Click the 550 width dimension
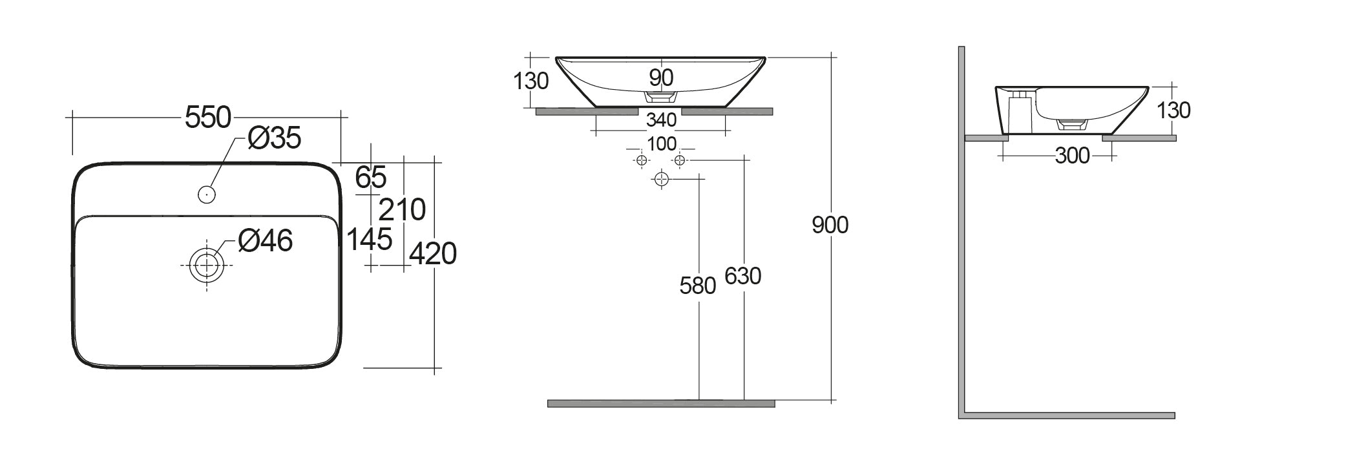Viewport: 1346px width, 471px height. [x=208, y=118]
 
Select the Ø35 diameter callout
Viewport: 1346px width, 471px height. [x=275, y=138]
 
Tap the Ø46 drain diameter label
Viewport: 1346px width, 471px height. [x=265, y=240]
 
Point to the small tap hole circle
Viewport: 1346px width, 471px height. [x=207, y=194]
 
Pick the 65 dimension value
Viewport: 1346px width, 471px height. [x=371, y=177]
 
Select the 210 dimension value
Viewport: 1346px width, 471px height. [x=402, y=210]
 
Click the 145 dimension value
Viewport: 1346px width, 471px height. [x=370, y=240]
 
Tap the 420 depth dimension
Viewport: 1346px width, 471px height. [x=433, y=254]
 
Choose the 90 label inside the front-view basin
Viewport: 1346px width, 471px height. [x=661, y=78]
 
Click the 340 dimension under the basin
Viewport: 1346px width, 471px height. [x=661, y=120]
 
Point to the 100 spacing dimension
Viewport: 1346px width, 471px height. [x=662, y=143]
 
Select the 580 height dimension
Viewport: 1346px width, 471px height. [x=698, y=286]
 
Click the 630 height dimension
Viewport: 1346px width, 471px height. [x=743, y=276]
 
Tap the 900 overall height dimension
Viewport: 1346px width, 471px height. [x=830, y=225]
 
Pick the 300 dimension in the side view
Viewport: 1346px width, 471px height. [x=1072, y=156]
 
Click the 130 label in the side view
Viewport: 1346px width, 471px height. [x=1173, y=110]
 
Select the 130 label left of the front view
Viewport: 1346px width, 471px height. [x=531, y=81]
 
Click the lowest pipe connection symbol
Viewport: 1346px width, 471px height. [x=661, y=179]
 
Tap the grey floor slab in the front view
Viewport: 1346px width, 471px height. [x=661, y=404]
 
